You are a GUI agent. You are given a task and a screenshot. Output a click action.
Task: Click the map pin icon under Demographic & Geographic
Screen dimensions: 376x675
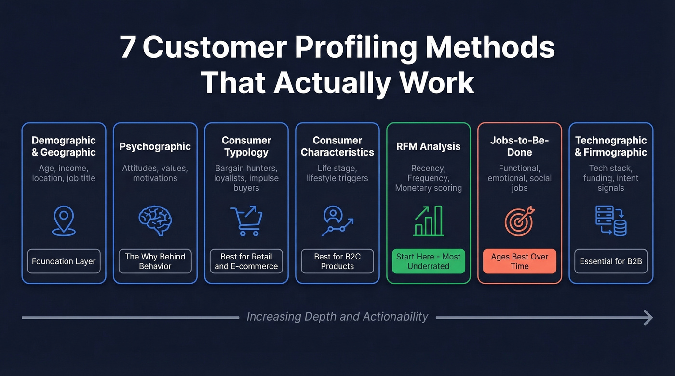pos(64,220)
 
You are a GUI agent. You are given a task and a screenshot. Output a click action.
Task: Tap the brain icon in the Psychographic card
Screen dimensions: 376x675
pos(155,220)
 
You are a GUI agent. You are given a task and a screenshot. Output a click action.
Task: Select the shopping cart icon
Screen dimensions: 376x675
pos(246,220)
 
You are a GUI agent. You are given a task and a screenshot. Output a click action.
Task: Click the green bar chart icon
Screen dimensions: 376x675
pos(428,221)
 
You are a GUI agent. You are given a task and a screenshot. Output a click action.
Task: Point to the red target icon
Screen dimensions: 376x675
pos(519,221)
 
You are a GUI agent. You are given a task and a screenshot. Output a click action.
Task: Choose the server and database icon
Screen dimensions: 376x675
pos(611,221)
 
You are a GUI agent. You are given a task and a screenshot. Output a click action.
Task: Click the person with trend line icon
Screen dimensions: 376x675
pos(337,221)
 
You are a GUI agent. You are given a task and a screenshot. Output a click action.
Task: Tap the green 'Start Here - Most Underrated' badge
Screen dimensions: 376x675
pos(428,261)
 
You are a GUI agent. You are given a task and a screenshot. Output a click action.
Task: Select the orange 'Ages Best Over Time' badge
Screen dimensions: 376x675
pos(519,261)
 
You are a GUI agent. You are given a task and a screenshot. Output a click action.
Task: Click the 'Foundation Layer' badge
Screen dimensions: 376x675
pos(64,261)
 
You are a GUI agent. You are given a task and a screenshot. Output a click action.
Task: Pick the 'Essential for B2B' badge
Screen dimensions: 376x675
pos(611,261)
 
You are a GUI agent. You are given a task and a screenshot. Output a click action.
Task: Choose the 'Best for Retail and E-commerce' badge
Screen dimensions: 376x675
pos(246,261)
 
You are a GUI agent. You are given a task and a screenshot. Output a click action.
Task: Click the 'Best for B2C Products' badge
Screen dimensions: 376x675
pos(337,261)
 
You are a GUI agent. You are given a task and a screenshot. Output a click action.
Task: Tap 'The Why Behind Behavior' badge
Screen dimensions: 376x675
pos(155,261)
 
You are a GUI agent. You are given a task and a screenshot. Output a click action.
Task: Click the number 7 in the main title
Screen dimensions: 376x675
pos(127,48)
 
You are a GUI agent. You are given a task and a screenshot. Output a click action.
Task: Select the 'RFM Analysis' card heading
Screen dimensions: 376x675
pos(428,146)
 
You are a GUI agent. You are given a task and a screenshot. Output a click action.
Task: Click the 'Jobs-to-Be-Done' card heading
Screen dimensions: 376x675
pos(519,146)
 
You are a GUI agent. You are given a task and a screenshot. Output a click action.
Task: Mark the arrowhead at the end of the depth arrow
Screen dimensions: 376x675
pos(648,317)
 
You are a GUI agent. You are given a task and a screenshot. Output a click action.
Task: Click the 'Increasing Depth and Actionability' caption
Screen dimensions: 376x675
pos(337,317)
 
